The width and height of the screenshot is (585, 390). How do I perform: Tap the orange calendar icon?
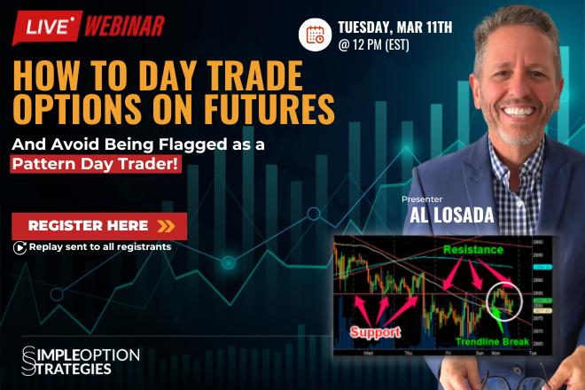click(316, 35)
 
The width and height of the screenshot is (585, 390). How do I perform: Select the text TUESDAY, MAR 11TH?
click(394, 24)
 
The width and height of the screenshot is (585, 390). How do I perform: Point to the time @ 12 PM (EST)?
click(371, 44)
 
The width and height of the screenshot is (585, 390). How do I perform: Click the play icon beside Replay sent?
click(19, 247)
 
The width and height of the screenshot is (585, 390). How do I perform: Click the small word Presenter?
click(422, 199)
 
